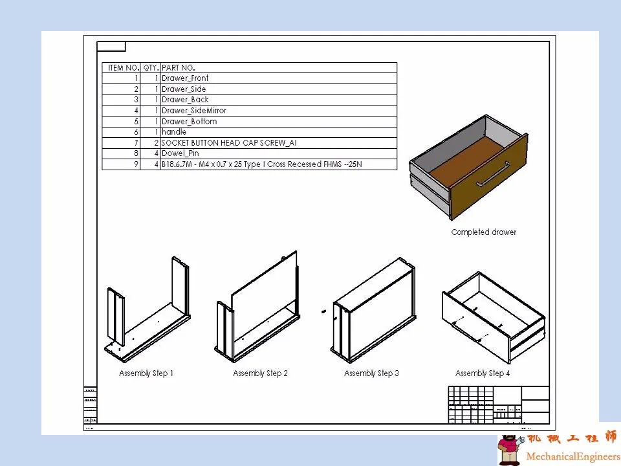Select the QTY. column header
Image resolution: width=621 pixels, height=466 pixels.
pos(150,67)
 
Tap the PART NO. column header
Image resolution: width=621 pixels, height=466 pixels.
pos(179,67)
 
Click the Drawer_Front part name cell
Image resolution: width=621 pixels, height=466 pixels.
pos(185,78)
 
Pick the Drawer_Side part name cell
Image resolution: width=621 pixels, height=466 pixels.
pos(184,89)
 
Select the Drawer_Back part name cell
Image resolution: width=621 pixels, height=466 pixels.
pos(185,100)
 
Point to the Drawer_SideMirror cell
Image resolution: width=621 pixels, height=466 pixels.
pos(194,111)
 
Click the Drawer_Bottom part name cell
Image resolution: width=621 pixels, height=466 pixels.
pos(189,122)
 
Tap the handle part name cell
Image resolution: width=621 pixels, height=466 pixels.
pos(174,132)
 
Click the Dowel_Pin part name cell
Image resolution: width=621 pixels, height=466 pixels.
pos(180,153)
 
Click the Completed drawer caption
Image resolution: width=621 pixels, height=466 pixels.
pos(484,232)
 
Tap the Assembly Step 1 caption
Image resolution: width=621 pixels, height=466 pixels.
pos(146,373)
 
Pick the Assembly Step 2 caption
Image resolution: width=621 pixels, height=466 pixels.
pos(260,373)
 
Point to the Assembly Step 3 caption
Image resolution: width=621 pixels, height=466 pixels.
pos(371,373)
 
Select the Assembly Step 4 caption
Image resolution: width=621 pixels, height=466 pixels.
pos(483,373)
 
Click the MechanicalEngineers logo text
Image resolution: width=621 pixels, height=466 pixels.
pos(572,456)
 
